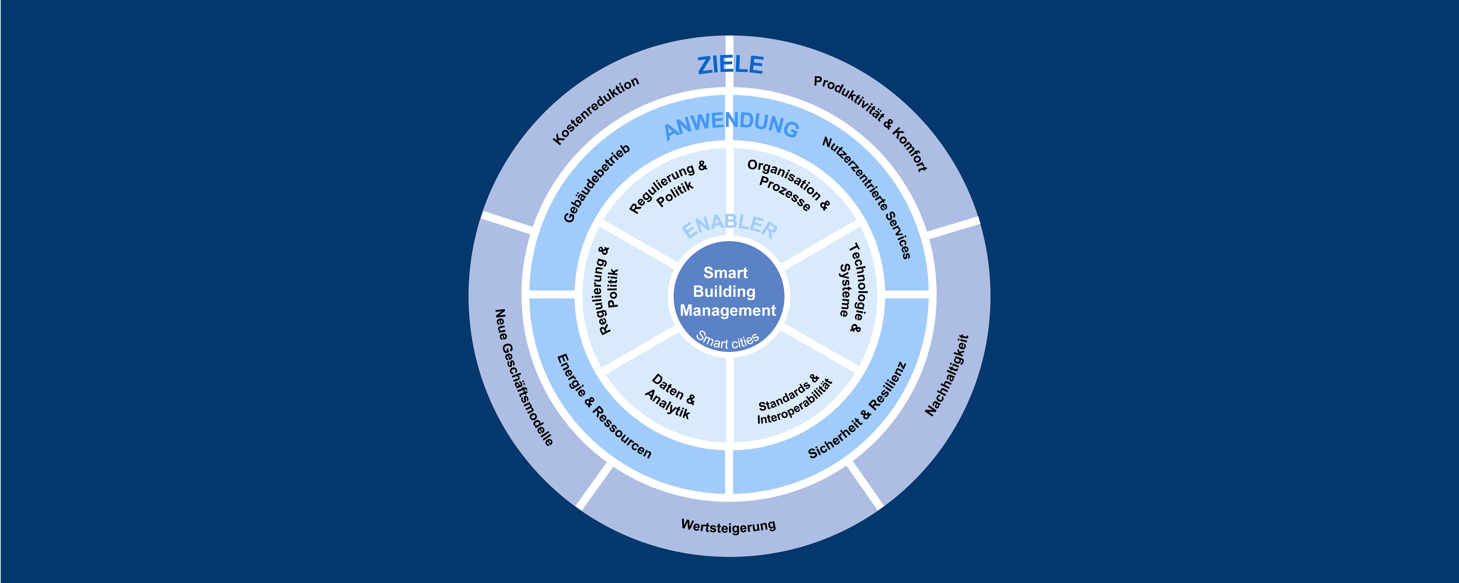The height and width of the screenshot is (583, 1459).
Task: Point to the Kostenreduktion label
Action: pos(596,110)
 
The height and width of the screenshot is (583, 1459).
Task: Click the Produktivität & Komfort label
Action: pos(871,123)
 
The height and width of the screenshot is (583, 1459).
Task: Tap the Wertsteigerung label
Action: pos(728,526)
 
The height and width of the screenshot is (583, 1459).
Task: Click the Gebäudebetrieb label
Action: pos(596,183)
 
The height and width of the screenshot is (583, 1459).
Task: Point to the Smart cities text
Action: pos(728,340)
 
